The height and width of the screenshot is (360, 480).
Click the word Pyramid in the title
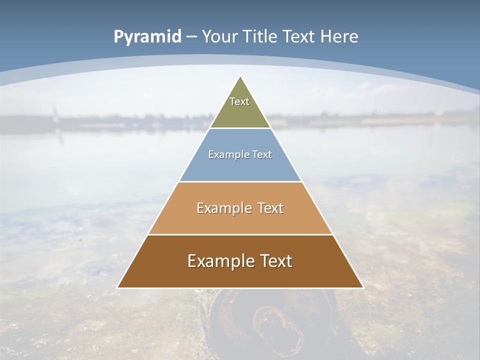tap(147, 37)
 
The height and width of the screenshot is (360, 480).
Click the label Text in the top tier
tap(239, 101)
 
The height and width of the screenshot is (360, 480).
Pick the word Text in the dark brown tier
tap(275, 261)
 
